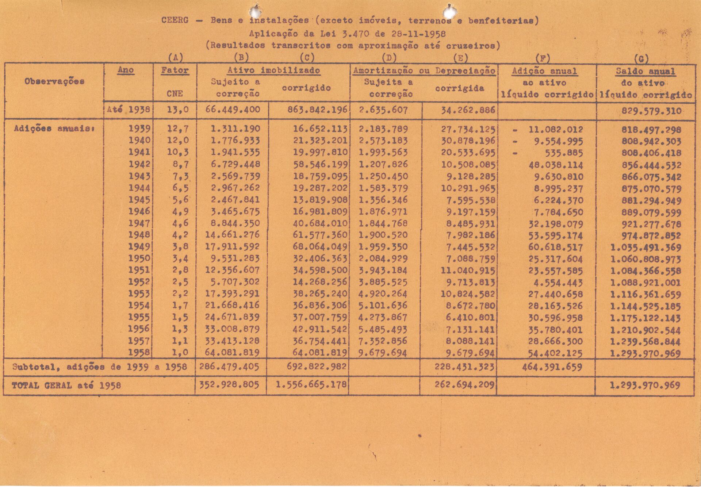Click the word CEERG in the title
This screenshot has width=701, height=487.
[x=175, y=20]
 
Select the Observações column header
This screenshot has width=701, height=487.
[x=54, y=81]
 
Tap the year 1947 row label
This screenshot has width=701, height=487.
[x=139, y=223]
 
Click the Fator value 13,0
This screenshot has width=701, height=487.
[x=178, y=110]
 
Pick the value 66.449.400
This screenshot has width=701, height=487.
[x=233, y=110]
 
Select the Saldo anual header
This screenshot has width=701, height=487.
[x=645, y=71]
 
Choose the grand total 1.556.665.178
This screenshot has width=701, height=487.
[x=311, y=385]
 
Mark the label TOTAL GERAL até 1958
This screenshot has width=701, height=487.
[x=66, y=385]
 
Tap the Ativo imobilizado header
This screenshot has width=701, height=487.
[x=273, y=70]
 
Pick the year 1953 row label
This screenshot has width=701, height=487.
[x=139, y=294]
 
